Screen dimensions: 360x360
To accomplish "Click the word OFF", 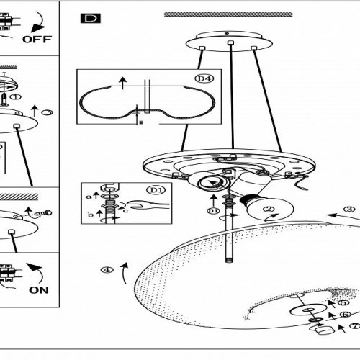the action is [x=37, y=39].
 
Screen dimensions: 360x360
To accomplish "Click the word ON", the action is [x=39, y=290].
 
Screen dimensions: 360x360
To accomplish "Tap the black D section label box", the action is [x=91, y=19].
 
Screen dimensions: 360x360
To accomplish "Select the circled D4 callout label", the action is [x=204, y=78].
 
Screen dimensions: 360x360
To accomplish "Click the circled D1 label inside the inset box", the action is [x=156, y=190].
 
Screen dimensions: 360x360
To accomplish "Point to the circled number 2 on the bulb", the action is [x=269, y=209].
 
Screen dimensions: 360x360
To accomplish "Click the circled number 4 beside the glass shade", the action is [x=107, y=270].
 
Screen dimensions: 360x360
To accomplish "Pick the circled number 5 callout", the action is [x=343, y=302].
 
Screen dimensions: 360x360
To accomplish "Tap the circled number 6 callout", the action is [x=346, y=314].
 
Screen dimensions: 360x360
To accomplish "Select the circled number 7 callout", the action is [x=355, y=326].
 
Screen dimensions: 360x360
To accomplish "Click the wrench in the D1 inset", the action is [x=148, y=204].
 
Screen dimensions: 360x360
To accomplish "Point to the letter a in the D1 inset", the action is [x=89, y=197].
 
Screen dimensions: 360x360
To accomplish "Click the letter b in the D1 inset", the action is [x=91, y=215].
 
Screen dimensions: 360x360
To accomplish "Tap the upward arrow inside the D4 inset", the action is [x=123, y=83].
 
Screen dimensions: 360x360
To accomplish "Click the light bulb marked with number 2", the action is [x=266, y=207].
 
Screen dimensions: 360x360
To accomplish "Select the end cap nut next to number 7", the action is [x=325, y=329].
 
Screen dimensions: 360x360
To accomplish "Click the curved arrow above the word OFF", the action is [x=38, y=22].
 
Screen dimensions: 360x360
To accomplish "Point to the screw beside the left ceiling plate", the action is [x=43, y=213].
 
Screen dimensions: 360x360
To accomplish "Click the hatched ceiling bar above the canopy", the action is [x=228, y=14].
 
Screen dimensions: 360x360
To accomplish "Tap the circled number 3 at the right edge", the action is [x=349, y=209].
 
